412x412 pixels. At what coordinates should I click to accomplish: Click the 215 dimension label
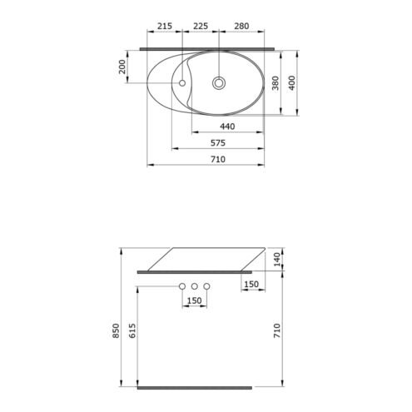coord(165,26)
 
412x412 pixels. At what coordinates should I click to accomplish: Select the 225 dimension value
coord(201,26)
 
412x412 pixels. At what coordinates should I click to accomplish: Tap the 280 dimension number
coord(241,26)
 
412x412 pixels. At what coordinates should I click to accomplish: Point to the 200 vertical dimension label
coord(122,67)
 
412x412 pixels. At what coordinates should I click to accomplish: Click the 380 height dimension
coord(275,83)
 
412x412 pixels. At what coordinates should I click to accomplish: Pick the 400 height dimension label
coord(292,82)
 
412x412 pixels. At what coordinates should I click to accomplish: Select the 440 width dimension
coord(227,127)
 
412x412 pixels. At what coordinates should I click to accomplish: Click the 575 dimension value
coord(218,143)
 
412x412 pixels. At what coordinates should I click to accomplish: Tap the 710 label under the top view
coord(218,160)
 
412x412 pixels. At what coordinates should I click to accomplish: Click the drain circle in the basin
coord(219,83)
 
